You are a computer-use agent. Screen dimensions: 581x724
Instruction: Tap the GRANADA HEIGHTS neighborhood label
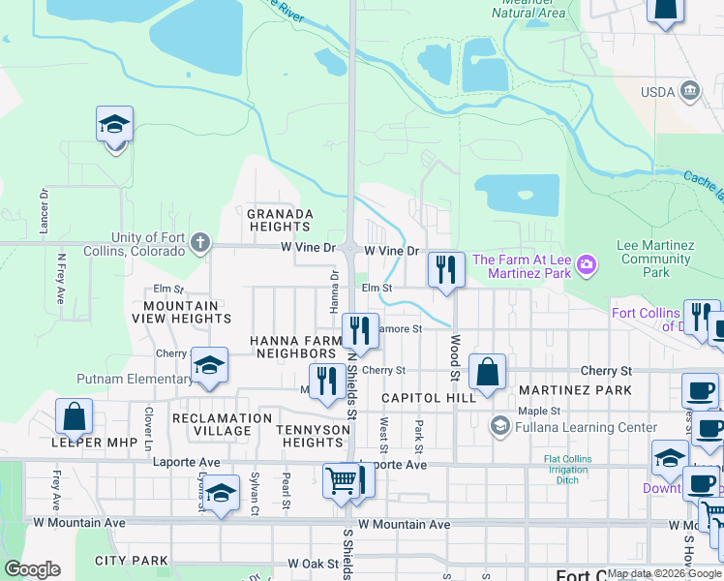[x=280, y=220]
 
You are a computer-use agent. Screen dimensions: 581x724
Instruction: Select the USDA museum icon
[x=690, y=92]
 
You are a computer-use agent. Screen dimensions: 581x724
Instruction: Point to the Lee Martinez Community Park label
[x=655, y=259]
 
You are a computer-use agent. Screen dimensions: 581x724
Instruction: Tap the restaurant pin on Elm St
[x=445, y=270]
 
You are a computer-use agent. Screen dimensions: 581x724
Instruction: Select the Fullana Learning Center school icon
[x=499, y=426]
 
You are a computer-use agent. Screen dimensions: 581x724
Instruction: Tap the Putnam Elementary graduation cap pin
[x=209, y=365]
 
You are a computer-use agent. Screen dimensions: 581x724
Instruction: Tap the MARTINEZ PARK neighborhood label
[x=575, y=390]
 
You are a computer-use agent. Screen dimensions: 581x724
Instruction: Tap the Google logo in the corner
[x=33, y=569]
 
